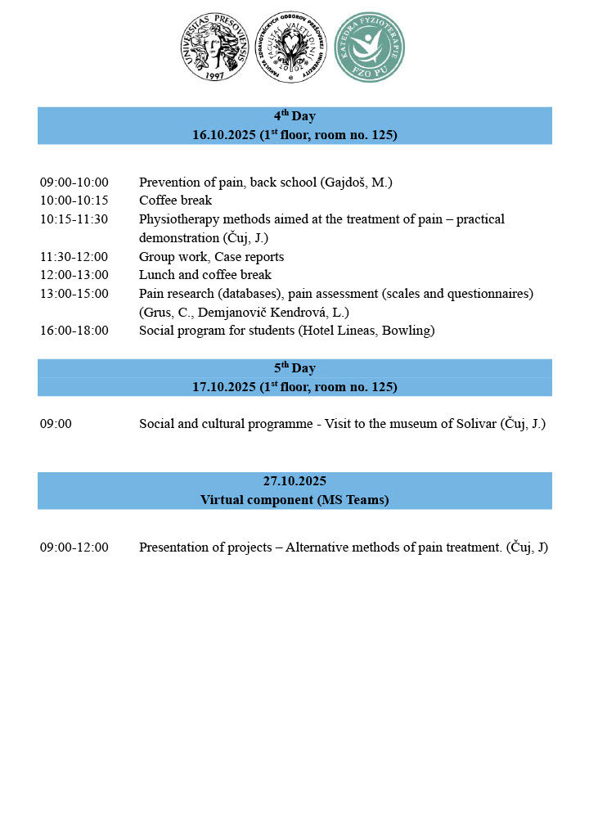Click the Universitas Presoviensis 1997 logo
click(214, 47)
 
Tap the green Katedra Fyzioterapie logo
click(371, 47)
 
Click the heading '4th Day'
click(294, 116)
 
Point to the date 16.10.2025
click(224, 135)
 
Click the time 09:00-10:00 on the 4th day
click(74, 182)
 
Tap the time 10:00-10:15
click(74, 200)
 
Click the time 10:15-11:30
click(74, 219)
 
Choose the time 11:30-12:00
click(74, 257)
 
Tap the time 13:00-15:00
click(74, 293)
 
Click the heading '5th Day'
click(294, 368)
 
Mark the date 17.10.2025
click(224, 387)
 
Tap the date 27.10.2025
click(294, 481)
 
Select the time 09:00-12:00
click(74, 547)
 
